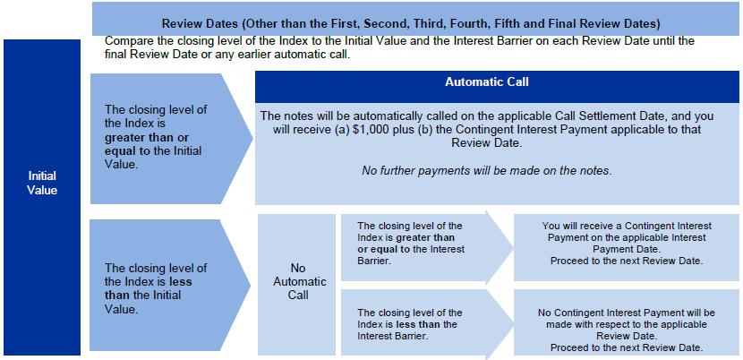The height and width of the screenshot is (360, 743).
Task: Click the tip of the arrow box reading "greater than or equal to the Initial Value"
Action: (253, 139)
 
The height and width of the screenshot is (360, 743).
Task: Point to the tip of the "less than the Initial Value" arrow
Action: (251, 285)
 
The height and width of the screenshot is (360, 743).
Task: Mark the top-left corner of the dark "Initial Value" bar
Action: (4, 39)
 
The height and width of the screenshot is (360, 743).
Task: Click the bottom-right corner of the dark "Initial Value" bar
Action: (81, 356)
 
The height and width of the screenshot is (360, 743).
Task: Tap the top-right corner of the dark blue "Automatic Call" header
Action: (739, 71)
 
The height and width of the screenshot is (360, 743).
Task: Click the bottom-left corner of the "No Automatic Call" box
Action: (258, 356)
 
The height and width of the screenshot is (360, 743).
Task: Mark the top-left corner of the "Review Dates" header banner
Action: (92, 2)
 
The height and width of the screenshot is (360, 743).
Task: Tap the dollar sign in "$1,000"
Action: (356, 130)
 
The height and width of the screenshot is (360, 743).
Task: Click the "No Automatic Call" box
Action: (296, 285)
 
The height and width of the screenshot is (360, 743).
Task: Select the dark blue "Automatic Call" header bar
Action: (497, 87)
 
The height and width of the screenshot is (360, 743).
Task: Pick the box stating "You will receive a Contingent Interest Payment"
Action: (627, 247)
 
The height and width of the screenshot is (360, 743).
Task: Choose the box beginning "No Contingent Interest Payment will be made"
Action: (627, 322)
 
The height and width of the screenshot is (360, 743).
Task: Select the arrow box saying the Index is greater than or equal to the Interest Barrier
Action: (426, 247)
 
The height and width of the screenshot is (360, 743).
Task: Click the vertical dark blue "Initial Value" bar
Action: (42, 197)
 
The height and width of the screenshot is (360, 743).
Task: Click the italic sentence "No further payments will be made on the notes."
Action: (487, 171)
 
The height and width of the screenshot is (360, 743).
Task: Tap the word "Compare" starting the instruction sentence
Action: (125, 41)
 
